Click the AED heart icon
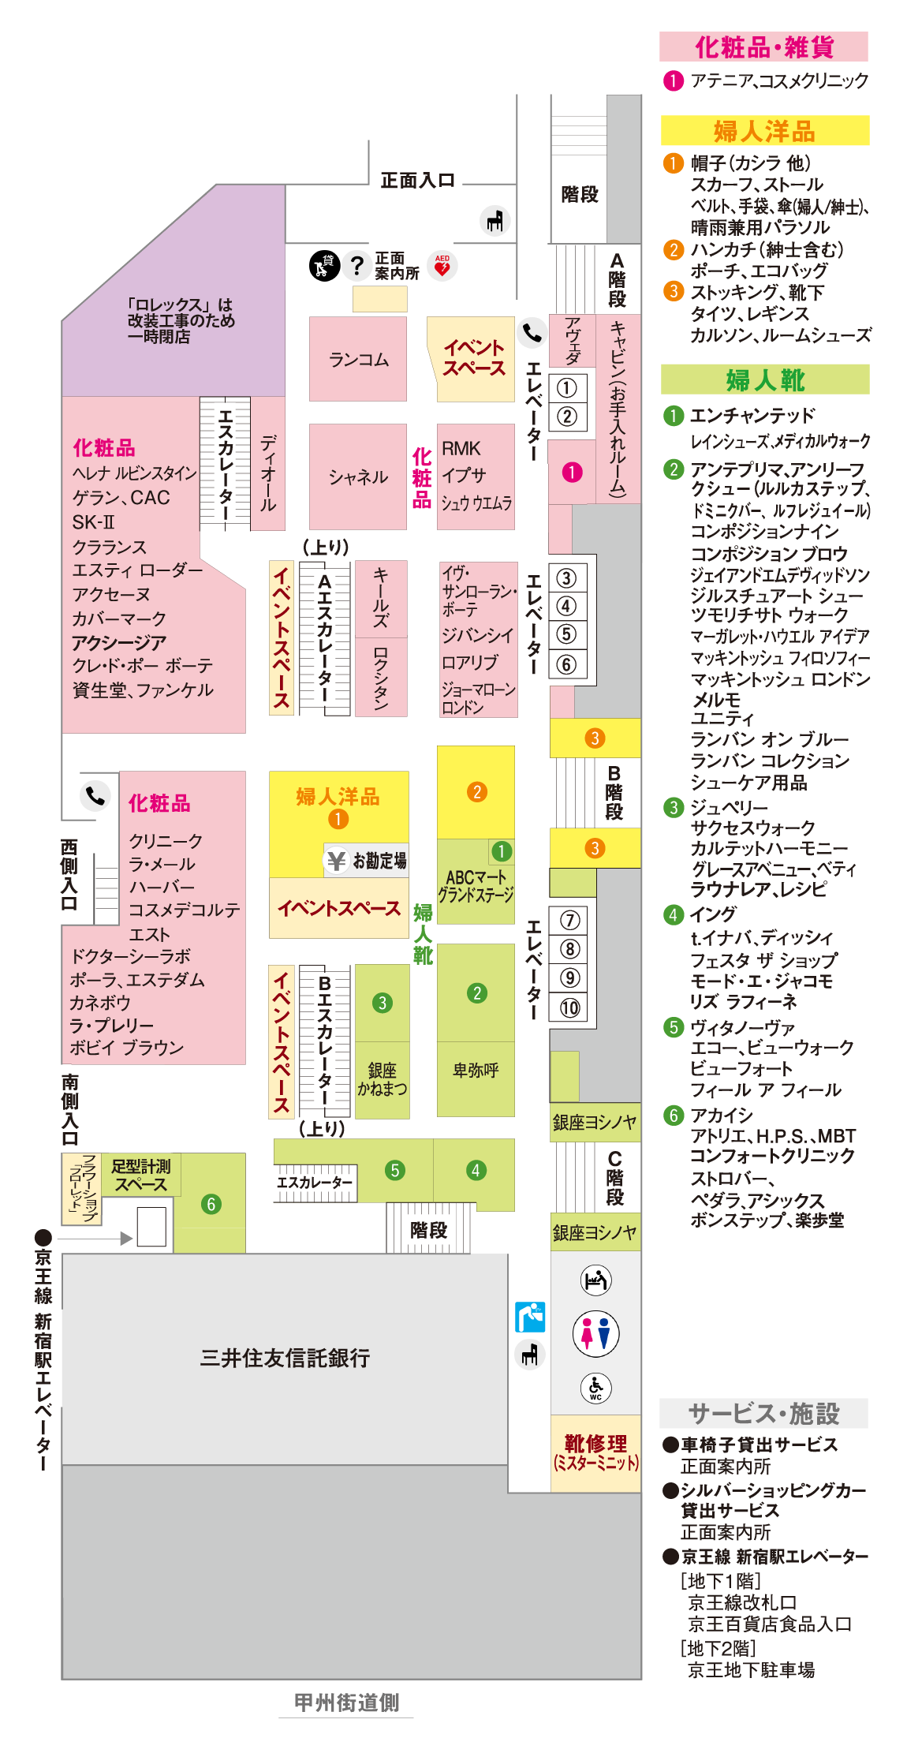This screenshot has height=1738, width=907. point(442,265)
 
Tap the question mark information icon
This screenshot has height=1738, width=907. point(357,265)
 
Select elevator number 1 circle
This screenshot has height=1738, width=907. point(567,388)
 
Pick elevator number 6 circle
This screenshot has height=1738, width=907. point(566,665)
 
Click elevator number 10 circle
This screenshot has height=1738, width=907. point(569,1007)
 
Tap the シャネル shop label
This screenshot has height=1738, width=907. point(358,477)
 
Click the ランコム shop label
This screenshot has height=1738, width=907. point(358,360)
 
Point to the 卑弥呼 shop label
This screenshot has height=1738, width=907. point(476,1071)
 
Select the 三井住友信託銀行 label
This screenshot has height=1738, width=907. point(285,1358)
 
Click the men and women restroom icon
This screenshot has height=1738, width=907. point(595,1333)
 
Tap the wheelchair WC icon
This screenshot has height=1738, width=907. point(595,1387)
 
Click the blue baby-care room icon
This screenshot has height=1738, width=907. point(530,1317)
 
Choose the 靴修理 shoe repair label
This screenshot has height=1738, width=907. point(595,1445)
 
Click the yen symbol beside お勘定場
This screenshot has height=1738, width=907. point(337,860)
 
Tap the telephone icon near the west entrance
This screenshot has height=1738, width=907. point(95,795)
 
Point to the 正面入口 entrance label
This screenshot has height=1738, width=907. point(417,181)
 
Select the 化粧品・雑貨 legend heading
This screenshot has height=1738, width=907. point(763,47)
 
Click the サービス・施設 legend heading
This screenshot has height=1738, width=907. point(763,1413)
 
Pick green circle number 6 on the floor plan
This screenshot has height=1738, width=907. point(211,1204)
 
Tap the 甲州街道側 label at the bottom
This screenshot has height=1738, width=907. point(346,1702)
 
